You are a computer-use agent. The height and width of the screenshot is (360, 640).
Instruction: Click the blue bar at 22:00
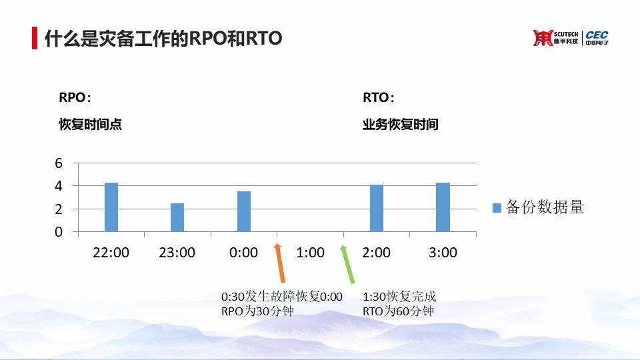click(111, 207)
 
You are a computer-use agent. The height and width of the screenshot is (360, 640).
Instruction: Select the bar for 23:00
click(177, 217)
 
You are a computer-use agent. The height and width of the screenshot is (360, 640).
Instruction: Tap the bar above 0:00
click(244, 211)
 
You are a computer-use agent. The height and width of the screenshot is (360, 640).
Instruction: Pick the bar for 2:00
click(376, 208)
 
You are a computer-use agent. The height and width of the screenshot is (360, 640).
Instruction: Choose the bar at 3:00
click(443, 207)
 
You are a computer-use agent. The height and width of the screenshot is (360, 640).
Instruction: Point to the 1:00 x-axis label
click(310, 253)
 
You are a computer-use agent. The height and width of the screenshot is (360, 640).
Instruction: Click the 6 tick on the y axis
click(59, 163)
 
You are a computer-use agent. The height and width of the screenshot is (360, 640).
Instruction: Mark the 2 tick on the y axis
click(59, 209)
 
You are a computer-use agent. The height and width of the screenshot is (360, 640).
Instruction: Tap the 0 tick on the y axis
click(59, 232)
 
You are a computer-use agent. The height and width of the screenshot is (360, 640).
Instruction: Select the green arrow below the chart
click(347, 264)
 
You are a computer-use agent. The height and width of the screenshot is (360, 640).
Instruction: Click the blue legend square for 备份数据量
click(497, 208)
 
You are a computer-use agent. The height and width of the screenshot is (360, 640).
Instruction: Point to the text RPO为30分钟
click(257, 311)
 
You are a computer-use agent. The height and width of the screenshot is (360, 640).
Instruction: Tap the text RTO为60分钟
click(398, 311)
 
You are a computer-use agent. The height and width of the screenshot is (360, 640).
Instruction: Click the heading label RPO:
click(75, 97)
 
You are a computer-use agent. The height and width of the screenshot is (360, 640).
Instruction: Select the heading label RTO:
click(379, 97)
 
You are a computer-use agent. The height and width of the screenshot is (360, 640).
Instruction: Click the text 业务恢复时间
click(401, 124)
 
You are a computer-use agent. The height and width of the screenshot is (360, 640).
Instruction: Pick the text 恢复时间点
click(90, 124)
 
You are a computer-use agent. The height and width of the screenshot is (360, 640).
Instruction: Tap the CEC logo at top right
click(597, 37)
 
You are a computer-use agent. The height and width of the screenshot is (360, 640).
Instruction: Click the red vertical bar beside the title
click(35, 38)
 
